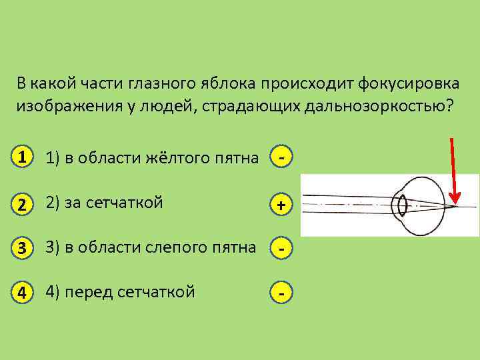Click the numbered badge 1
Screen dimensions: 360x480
(x=23, y=158)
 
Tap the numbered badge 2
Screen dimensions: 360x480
(x=23, y=204)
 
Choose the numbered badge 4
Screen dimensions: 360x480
(x=23, y=292)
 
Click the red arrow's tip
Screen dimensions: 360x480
(x=456, y=201)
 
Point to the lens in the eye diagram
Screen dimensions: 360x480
(x=401, y=204)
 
